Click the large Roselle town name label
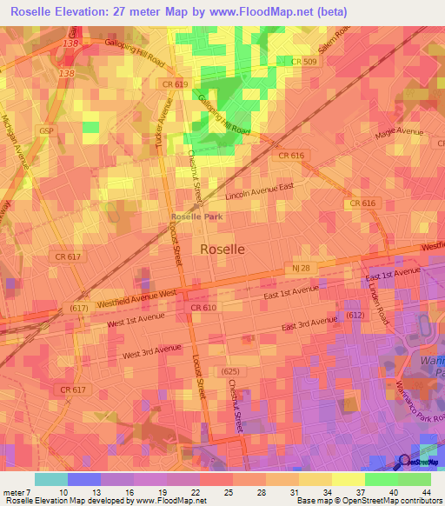(222, 248)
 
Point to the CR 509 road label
(303, 61)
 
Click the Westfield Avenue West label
(137, 297)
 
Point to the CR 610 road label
(202, 308)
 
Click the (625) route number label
(230, 371)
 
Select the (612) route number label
(354, 314)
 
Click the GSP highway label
(46, 130)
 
